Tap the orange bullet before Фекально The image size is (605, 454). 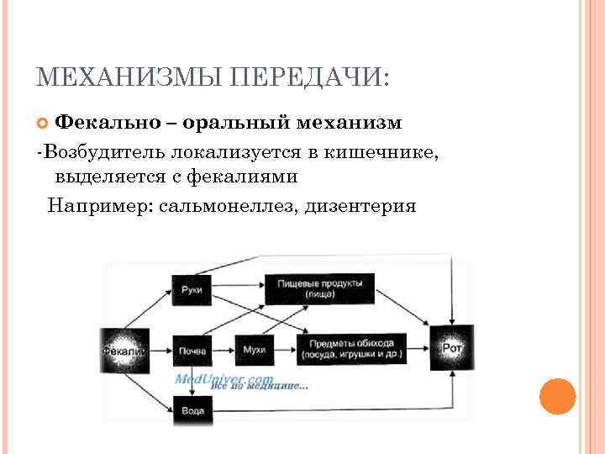click(45, 124)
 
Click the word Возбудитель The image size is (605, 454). click(103, 153)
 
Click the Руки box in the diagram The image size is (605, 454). click(192, 289)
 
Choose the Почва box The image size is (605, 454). click(192, 349)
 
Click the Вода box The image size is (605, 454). click(192, 411)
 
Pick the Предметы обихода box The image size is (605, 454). click(350, 348)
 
